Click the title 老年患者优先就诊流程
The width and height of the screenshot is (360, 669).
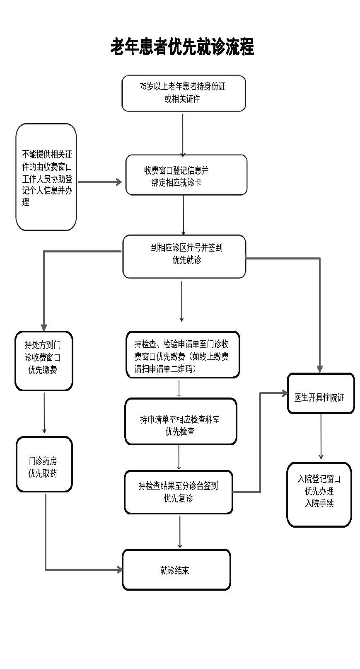pos(182,47)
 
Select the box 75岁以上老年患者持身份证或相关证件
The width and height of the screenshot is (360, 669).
pos(184,93)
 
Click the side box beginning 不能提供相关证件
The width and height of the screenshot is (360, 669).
pos(46,177)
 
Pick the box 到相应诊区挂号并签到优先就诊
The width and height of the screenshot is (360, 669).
pos(184,256)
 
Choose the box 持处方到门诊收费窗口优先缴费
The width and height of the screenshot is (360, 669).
pos(44,361)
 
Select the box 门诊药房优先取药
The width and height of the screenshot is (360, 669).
pos(44,464)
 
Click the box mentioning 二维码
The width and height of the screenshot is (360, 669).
pos(183,354)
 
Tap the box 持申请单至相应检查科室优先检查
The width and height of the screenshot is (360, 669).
pos(181,421)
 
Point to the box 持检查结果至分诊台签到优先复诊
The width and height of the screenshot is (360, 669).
pos(178,492)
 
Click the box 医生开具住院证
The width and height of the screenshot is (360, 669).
pos(321,393)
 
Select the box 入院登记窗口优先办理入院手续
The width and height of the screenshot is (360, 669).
pos(319,494)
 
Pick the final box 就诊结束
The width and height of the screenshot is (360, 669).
pos(176,570)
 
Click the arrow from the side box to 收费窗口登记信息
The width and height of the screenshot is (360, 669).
pos(99,182)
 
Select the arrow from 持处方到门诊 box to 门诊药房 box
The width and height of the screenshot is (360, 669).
pos(44,412)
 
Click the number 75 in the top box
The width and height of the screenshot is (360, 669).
pos(143,87)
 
